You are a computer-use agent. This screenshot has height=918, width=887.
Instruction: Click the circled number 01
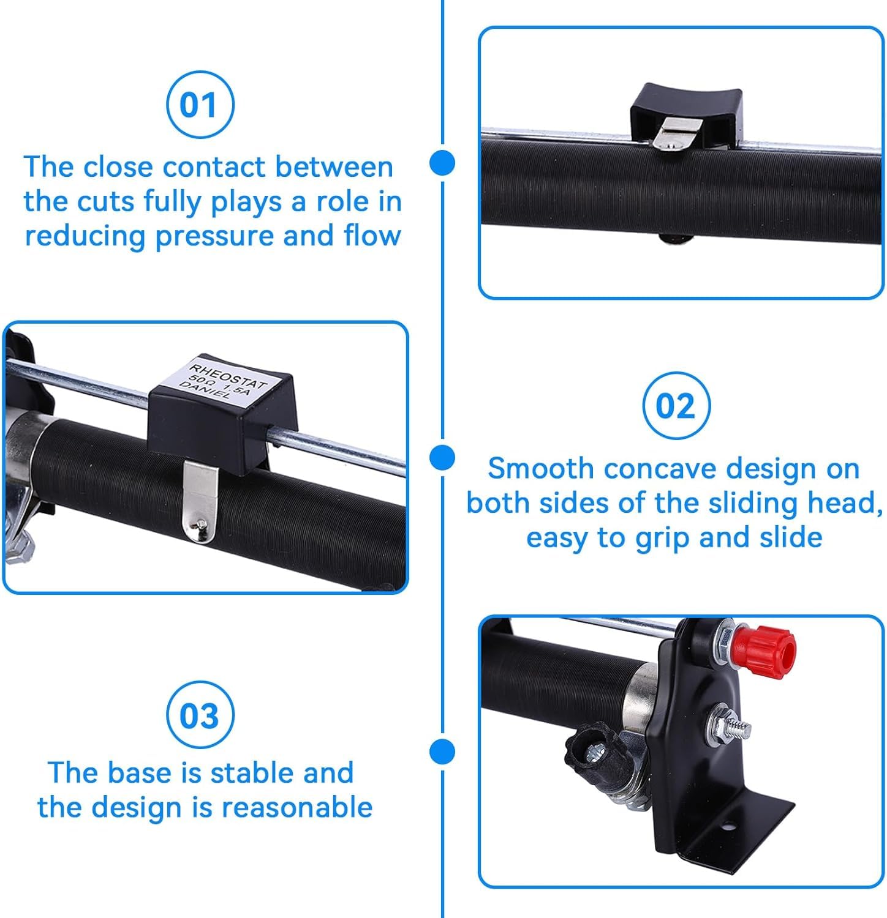coord(200,105)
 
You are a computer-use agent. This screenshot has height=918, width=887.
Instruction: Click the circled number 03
coord(200,715)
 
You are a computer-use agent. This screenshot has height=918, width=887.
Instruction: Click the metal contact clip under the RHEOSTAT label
coord(201,501)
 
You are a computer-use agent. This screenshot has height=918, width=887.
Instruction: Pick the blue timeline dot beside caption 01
coord(442,163)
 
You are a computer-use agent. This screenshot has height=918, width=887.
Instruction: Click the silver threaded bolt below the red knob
coord(729,725)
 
